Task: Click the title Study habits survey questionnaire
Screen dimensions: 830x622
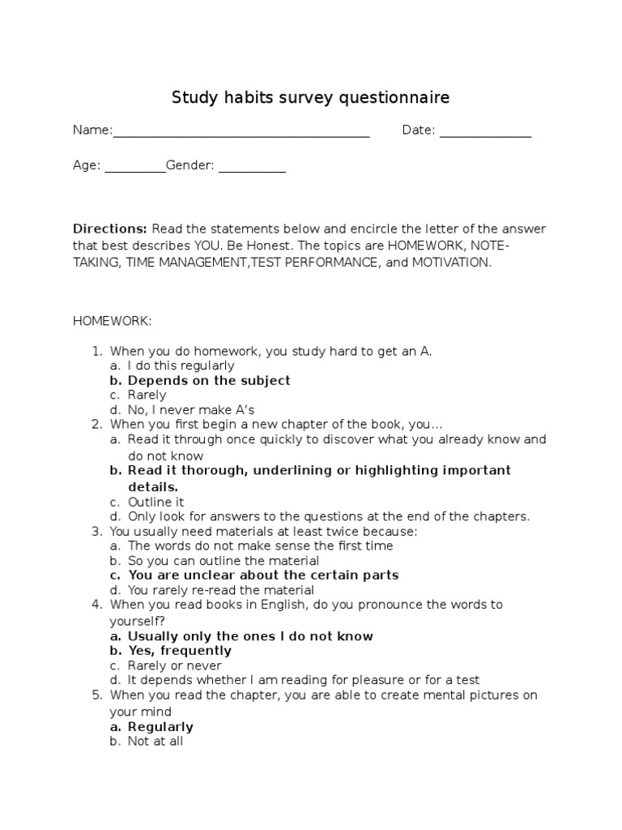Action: point(310,98)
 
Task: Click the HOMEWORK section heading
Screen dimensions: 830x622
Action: point(112,321)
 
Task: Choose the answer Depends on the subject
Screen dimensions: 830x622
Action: point(209,380)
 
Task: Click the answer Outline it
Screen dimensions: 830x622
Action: point(155,502)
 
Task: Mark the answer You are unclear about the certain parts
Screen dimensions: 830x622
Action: point(263,575)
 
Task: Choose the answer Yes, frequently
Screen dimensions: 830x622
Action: point(179,651)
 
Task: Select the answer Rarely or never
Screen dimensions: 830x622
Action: point(175,665)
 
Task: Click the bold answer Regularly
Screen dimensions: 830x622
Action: point(160,727)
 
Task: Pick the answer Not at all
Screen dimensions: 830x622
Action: point(155,741)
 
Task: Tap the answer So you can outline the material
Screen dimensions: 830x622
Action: point(223,561)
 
